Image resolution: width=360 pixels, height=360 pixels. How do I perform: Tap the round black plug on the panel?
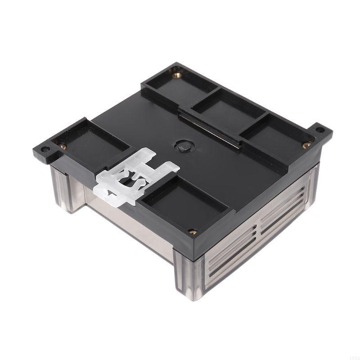(x=183, y=146)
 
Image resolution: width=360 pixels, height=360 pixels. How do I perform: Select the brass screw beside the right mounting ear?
(x=306, y=145)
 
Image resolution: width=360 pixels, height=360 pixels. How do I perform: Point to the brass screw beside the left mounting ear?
(x=63, y=146)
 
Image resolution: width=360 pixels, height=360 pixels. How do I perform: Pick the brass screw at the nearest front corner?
(x=193, y=231)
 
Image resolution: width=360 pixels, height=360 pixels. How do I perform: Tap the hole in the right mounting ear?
(x=320, y=130)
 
